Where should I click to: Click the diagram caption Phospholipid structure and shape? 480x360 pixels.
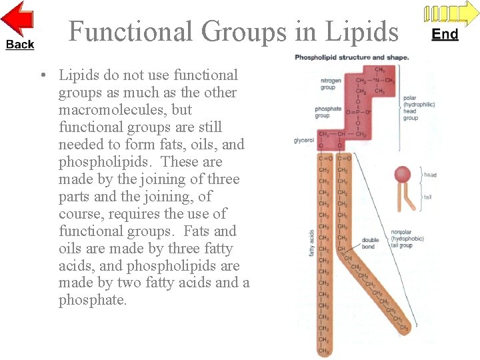351,57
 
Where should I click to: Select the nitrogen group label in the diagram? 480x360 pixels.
331,84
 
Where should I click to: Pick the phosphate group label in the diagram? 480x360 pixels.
328,112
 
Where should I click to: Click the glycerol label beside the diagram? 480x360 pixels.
304,141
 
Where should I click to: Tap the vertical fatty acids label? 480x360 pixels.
311,245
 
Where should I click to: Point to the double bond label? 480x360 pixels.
370,243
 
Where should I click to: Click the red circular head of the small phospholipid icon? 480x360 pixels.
403,175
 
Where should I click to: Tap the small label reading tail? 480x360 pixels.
427,197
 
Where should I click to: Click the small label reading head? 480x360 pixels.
430,175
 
